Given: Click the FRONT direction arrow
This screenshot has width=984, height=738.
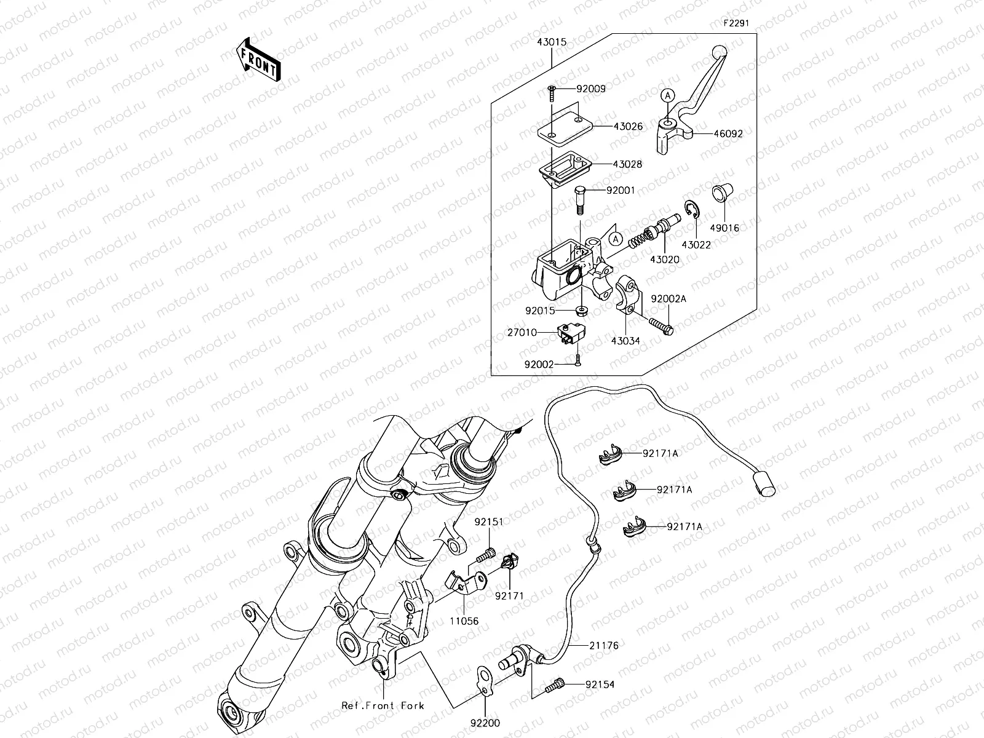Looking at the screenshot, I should (258, 59).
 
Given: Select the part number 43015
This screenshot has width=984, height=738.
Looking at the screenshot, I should (552, 42).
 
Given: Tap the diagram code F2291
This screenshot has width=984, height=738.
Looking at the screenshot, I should (736, 23).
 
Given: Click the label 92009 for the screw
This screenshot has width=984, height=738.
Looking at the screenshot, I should (590, 89).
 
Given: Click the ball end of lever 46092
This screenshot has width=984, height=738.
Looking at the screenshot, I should (718, 52).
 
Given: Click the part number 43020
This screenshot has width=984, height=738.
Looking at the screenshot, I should (665, 260).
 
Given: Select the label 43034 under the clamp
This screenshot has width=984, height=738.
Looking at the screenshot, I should (625, 341).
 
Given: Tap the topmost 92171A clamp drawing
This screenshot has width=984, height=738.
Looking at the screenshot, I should (609, 456).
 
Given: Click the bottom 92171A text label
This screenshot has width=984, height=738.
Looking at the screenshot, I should (684, 526).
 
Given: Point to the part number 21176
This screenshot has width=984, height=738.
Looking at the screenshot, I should (603, 646).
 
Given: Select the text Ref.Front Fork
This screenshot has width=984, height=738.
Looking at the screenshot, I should (383, 705).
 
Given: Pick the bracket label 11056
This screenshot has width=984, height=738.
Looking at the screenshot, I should (463, 621).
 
